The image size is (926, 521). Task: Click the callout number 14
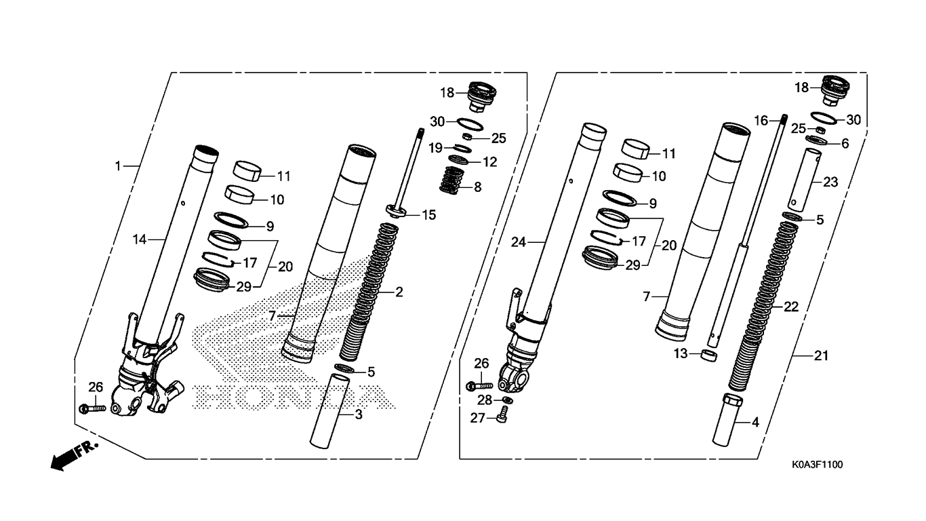(140, 239)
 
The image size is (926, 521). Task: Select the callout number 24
(519, 242)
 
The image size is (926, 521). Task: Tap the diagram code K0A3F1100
(818, 465)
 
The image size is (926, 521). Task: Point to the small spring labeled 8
(452, 180)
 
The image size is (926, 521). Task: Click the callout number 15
(428, 215)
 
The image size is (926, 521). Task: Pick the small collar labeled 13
(708, 356)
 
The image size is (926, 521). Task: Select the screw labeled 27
(502, 414)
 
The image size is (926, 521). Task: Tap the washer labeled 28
(508, 400)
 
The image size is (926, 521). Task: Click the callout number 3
(359, 414)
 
